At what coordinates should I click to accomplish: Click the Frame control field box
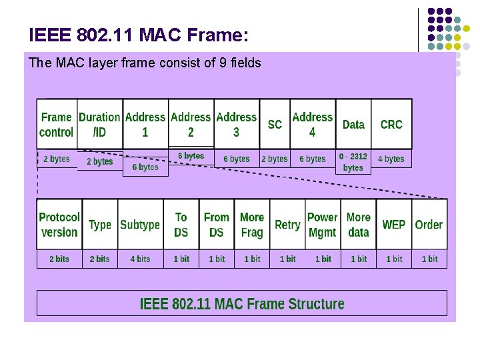coord(57,124)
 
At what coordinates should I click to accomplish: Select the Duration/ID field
coord(99,124)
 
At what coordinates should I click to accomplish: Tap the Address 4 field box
coord(312,124)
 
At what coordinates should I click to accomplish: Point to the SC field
coord(275,124)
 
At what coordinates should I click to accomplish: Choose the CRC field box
coord(391,124)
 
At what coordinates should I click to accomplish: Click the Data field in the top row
coord(353,124)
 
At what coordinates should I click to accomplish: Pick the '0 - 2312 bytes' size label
coord(353,162)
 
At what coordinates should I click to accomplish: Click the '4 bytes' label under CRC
coord(391,159)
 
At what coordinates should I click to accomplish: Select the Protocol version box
coord(59,225)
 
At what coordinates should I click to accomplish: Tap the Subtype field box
coord(140,225)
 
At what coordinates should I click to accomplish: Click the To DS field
coord(181,225)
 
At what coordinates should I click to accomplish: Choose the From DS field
coord(217,225)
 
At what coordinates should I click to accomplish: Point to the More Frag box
coord(252,225)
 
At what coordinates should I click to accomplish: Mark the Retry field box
coord(287,225)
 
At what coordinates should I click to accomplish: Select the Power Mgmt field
coord(323,225)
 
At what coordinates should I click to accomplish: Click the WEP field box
coord(394,225)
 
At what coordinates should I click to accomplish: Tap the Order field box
coord(429,225)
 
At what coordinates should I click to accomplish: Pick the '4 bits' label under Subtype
coord(140,259)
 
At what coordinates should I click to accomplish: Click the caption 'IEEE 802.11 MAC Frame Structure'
coord(242,304)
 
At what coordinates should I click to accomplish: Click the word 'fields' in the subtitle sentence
coord(245,63)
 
